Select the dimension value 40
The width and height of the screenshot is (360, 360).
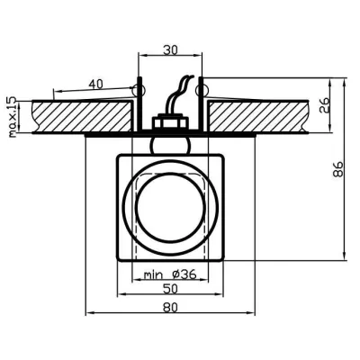coord(94,84)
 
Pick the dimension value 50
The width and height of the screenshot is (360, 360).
coord(169,290)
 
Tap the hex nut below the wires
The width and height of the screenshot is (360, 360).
coord(169,121)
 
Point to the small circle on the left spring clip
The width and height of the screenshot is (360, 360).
coord(137,90)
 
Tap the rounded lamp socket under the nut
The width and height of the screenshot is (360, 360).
coord(169,141)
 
